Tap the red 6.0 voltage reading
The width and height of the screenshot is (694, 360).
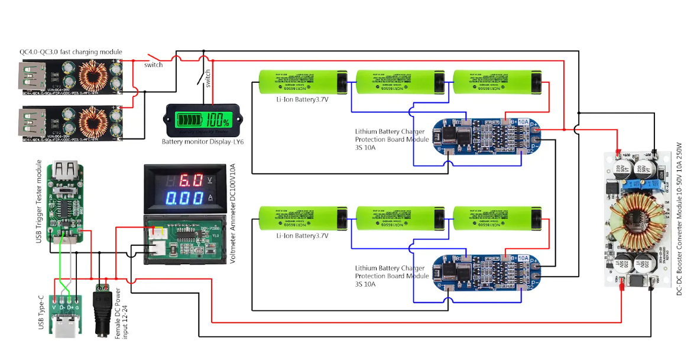[x=191, y=180]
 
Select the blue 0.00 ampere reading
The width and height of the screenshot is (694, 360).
[x=184, y=198]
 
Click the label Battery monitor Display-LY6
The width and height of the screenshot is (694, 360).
[x=203, y=142]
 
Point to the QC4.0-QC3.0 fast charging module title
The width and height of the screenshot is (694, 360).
[x=70, y=52]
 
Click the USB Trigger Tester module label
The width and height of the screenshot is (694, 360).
[x=39, y=201]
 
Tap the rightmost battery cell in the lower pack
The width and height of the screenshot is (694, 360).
[x=497, y=218]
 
